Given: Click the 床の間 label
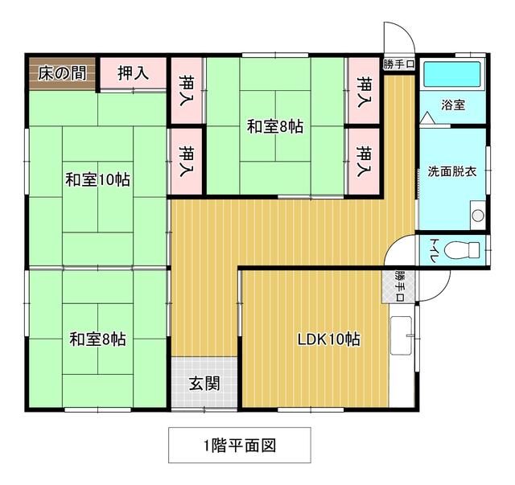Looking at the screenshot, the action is click(x=62, y=73).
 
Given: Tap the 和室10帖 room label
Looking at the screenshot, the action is click(x=98, y=180).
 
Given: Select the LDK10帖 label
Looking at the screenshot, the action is click(x=329, y=339).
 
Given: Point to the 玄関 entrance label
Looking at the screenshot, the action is click(x=204, y=383).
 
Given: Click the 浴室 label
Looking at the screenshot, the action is click(x=453, y=105).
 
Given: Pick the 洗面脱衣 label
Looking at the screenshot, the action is click(x=452, y=171).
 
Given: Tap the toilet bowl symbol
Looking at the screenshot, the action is click(x=462, y=250).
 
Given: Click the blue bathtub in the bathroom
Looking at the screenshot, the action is click(x=452, y=74).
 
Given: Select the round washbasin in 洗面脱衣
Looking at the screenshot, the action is click(x=478, y=216).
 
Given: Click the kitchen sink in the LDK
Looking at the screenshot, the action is click(x=401, y=335).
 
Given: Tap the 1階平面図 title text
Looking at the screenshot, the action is click(x=240, y=446).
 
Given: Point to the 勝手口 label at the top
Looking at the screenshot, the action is click(x=399, y=64).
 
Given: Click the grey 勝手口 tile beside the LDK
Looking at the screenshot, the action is click(x=399, y=286).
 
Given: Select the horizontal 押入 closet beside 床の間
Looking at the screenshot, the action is click(x=133, y=73).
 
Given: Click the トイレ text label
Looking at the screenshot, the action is click(x=433, y=250).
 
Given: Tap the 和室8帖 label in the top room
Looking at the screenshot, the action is click(x=275, y=126).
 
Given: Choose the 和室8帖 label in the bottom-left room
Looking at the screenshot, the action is click(x=97, y=339).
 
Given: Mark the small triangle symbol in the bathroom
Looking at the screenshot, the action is click(x=427, y=118).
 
